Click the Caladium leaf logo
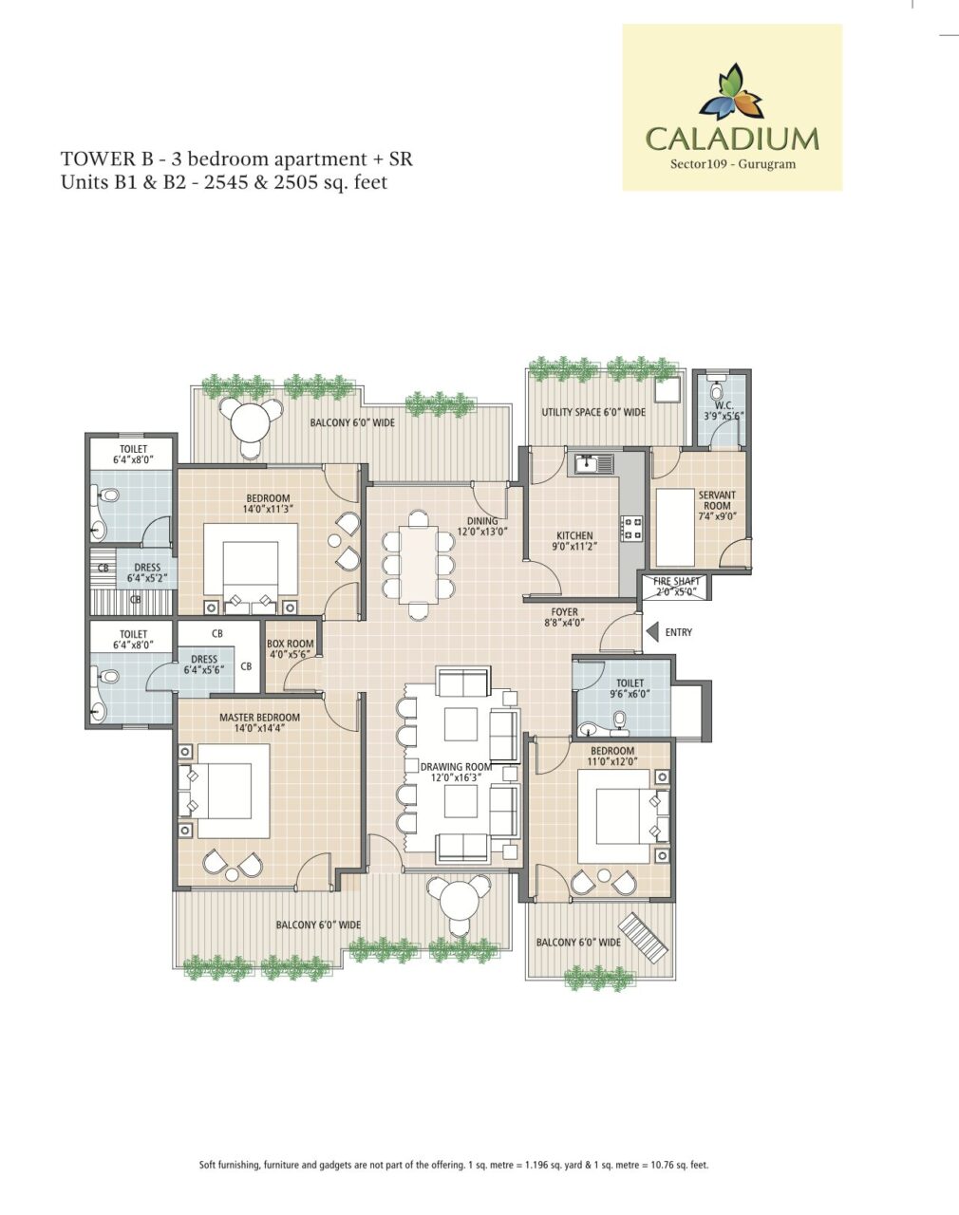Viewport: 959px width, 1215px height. tap(732, 92)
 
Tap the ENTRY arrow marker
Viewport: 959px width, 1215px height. tap(652, 632)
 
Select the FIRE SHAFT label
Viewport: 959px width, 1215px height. tap(676, 581)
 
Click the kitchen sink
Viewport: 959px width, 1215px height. tap(594, 464)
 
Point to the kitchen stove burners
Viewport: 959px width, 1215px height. tap(632, 528)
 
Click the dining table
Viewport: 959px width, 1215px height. tap(418, 564)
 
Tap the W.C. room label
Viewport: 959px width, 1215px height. tap(724, 405)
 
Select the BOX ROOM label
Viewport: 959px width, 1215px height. tap(291, 644)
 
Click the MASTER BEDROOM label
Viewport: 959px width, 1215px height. tap(260, 718)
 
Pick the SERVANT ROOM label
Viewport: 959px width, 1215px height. tap(717, 500)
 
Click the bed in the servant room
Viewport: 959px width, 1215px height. tap(675, 528)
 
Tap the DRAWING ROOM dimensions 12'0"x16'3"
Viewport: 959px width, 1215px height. tap(457, 777)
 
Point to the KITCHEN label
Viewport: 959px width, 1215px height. tap(575, 535)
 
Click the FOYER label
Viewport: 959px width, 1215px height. tap(565, 612)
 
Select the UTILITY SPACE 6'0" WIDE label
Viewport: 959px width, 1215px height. tap(593, 412)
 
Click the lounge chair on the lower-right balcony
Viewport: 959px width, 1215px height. tap(644, 938)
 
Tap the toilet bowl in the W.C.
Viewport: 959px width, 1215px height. tap(717, 391)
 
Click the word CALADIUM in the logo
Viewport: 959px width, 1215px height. tap(732, 140)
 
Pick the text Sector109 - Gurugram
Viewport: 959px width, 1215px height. tap(732, 164)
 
